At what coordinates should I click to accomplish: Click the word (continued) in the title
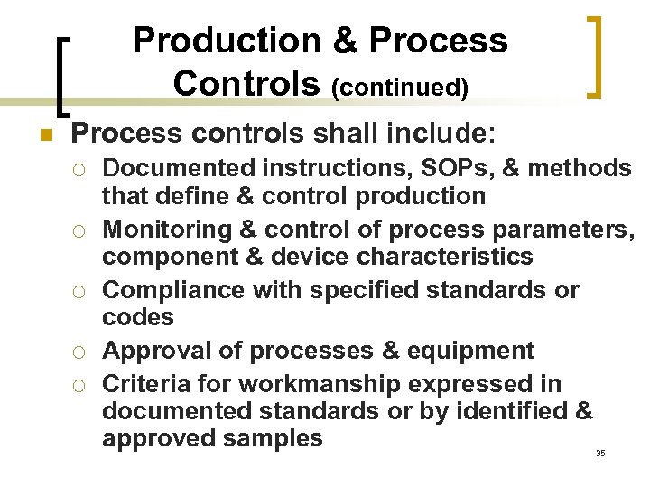pyautogui.click(x=400, y=87)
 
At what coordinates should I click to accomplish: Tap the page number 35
pyautogui.click(x=600, y=453)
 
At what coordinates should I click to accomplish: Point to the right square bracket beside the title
pyautogui.click(x=593, y=55)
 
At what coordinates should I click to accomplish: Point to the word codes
pyautogui.click(x=137, y=317)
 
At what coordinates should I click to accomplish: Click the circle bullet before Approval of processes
pyautogui.click(x=80, y=352)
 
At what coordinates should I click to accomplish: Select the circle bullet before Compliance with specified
pyautogui.click(x=80, y=292)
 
